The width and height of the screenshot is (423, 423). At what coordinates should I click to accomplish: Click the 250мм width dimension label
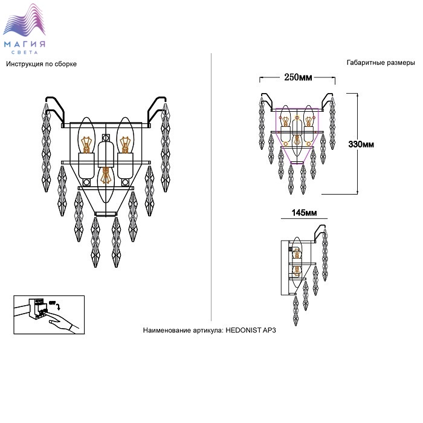297,77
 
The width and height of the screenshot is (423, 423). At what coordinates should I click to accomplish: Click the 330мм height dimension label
361,144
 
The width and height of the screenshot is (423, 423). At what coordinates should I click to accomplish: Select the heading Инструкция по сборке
41,63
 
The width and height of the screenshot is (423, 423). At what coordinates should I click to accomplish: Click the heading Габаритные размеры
381,63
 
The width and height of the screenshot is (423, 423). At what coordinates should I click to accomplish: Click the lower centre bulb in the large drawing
106,175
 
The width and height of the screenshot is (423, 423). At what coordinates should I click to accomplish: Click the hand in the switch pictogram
63,325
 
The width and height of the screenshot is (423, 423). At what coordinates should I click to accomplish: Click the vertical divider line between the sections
211,181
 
